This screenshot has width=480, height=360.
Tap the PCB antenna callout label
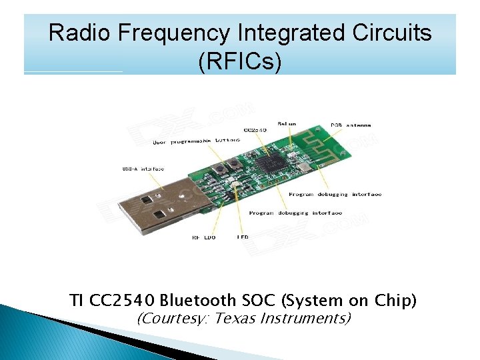pos(351,125)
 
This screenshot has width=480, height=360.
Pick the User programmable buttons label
pos(196,141)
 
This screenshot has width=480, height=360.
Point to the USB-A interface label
pos(143,169)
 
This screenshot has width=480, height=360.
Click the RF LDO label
pos(203,237)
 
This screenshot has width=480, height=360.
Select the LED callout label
pos(243,237)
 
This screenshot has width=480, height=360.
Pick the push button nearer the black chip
pos(234,164)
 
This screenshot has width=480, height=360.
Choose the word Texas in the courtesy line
pos(239,318)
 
